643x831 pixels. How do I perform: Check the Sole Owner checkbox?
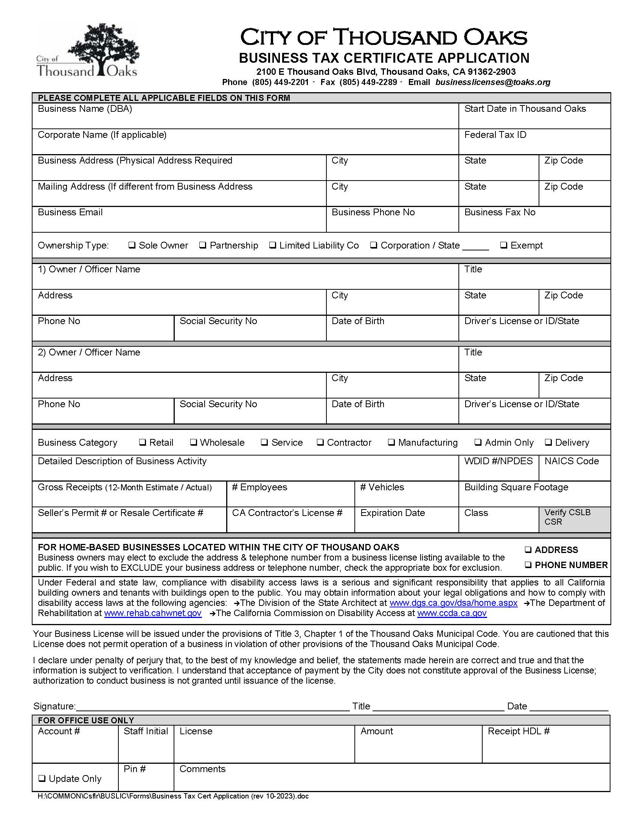pos(132,245)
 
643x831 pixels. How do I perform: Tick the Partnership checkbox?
pos(203,245)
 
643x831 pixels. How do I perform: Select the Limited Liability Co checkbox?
pos(272,245)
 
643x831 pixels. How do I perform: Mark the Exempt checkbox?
pos(503,245)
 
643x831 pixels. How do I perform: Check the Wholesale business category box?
pos(193,442)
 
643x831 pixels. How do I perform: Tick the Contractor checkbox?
pos(320,442)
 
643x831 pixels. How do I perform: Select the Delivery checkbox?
pos(548,442)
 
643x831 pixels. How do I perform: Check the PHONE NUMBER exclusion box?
pos(528,565)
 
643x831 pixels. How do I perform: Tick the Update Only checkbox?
pos(42,778)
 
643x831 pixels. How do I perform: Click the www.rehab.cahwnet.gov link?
pos(153,613)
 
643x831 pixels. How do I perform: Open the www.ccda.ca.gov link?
pos(452,613)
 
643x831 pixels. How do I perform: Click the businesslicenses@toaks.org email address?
pos(493,82)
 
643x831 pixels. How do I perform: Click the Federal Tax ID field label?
pos(495,135)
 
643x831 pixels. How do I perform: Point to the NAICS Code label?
pos(572,461)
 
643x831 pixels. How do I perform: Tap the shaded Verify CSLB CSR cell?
pos(575,519)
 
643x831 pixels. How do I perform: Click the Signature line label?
pos(54,707)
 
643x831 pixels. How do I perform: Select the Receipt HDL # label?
pos(519,731)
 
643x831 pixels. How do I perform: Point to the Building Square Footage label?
pos(516,487)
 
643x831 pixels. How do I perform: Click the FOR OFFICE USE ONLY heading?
pos(86,720)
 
